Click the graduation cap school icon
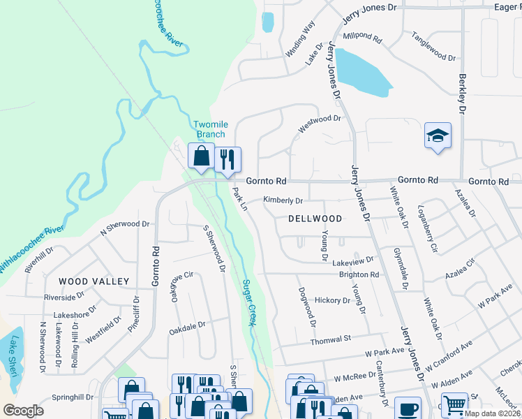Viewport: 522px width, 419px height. coord(438,135)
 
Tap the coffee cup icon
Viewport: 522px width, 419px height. coord(408,409)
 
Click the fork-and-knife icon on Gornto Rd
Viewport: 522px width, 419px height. coord(228,160)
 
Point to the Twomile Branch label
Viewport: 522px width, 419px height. coord(209,129)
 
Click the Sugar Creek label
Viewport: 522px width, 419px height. coord(247,302)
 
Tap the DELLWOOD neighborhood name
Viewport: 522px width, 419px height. coord(315,219)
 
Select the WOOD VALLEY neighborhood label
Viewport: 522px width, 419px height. coord(94,281)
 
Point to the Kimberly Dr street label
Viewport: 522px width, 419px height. coord(283,200)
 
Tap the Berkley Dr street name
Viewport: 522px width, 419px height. coord(461,94)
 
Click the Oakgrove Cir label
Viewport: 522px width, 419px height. coord(177,286)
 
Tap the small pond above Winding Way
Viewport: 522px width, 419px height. coord(267,22)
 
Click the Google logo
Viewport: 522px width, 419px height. coord(23,411)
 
